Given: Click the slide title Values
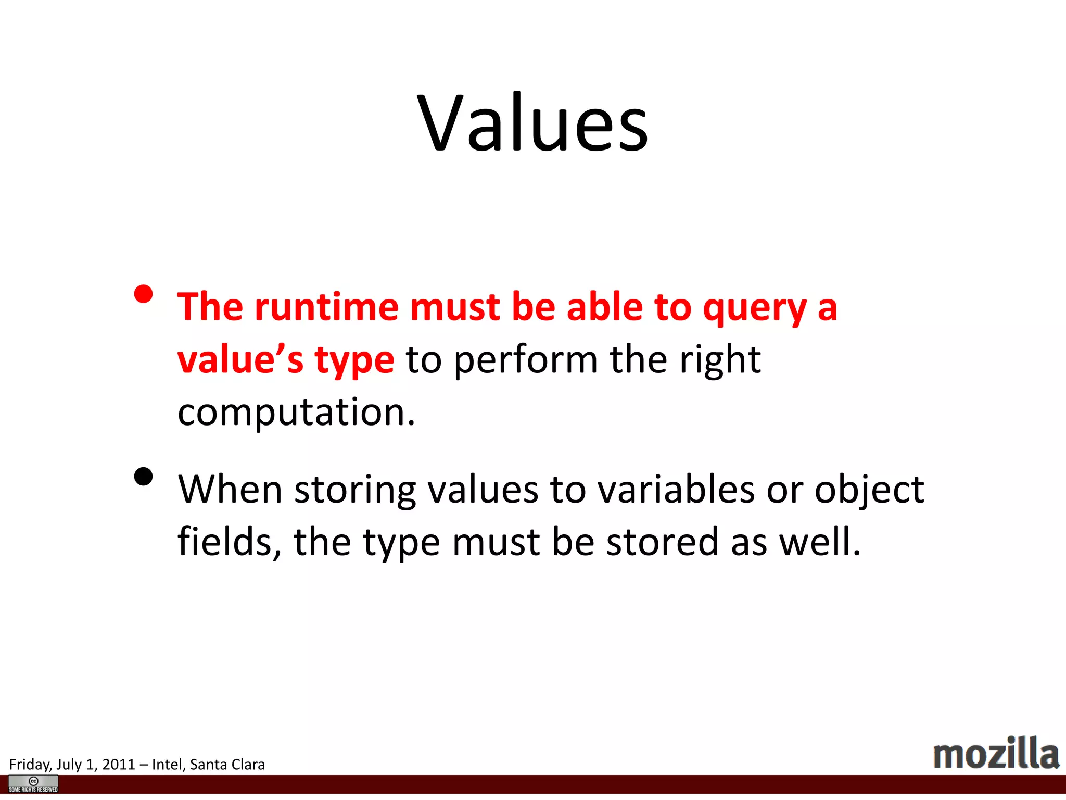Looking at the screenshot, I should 533,124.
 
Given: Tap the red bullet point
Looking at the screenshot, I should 143,294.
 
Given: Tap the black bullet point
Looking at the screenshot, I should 143,477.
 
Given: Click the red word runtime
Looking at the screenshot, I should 326,307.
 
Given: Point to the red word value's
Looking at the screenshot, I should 240,360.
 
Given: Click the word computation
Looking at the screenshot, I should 296,413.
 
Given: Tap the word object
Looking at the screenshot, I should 869,491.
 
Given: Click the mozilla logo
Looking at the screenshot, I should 996,754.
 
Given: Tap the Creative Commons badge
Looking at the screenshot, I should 33,784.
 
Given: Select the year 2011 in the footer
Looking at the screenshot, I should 119,765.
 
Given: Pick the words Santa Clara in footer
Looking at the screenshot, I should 227,765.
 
